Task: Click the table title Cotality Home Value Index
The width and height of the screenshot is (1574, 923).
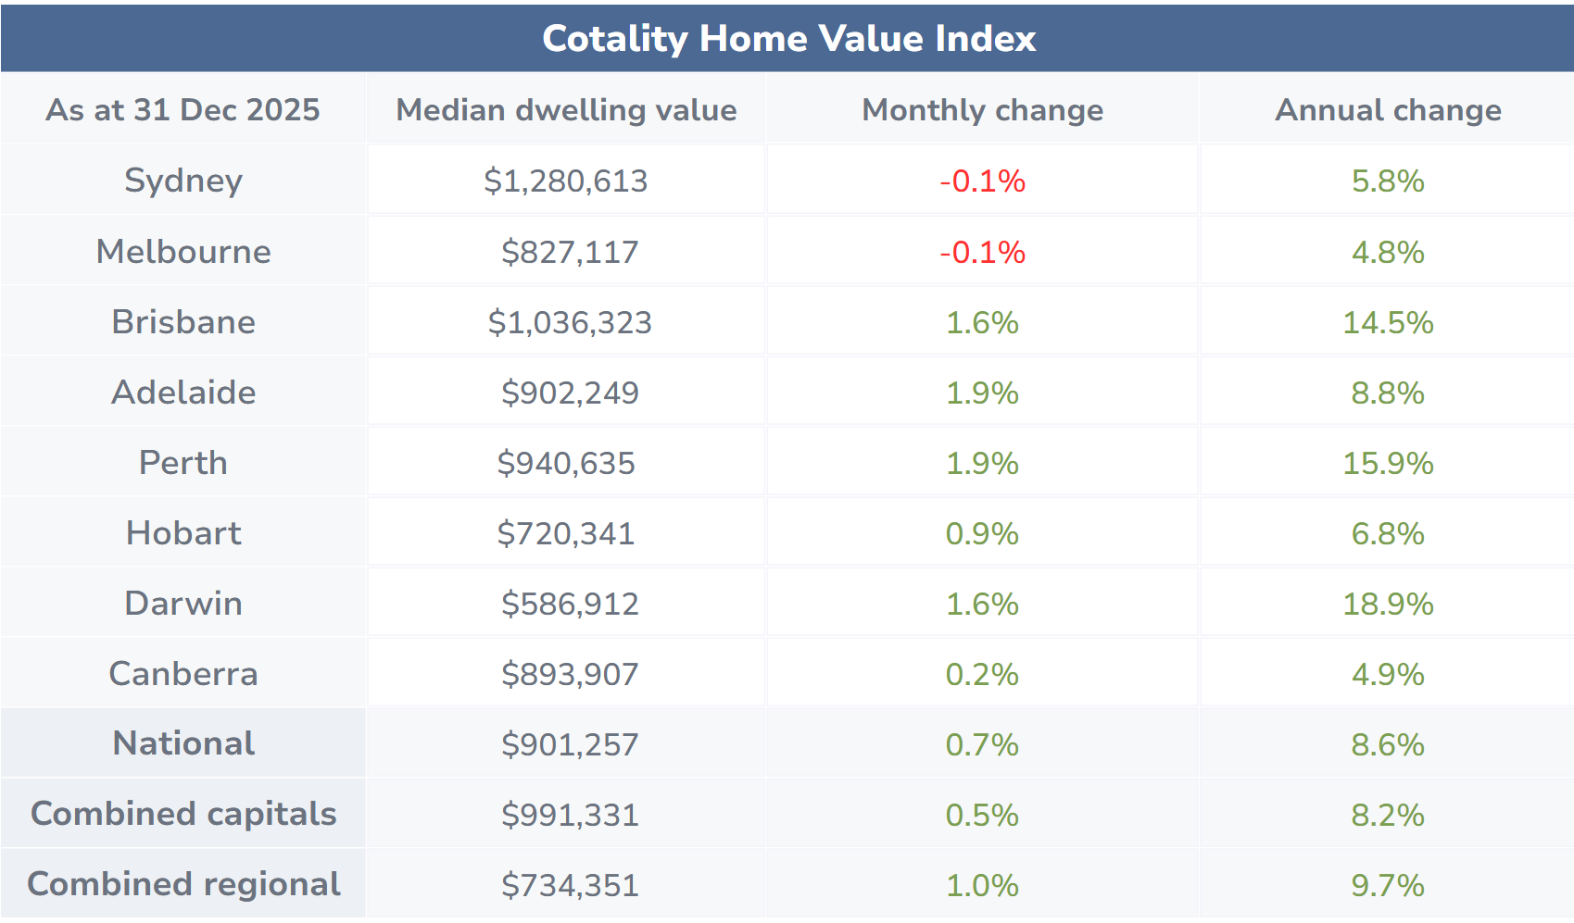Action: point(788,39)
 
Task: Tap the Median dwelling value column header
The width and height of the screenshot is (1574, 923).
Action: point(566,110)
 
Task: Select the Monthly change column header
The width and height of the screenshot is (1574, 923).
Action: point(982,110)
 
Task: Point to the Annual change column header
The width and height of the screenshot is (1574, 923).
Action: point(1388,110)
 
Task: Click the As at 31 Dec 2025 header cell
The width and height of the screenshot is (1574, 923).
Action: point(183,110)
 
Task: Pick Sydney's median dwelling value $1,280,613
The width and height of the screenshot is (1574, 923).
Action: point(565,181)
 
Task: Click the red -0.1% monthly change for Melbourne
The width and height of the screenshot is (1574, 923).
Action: point(982,252)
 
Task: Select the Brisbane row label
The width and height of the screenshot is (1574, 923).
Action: point(183,322)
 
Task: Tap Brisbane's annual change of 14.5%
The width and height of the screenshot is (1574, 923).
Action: point(1388,322)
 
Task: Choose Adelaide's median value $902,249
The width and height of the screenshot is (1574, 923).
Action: point(570,393)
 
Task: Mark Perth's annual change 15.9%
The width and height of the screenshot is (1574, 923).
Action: point(1388,463)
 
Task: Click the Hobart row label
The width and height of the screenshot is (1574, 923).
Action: point(183,533)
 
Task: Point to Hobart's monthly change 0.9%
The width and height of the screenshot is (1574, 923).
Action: point(982,533)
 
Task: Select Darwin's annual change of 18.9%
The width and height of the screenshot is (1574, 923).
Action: point(1388,604)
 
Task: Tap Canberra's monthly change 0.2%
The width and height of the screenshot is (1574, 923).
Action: point(982,674)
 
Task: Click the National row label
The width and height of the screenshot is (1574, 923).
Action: point(183,743)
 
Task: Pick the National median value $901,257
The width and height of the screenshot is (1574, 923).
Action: point(570,744)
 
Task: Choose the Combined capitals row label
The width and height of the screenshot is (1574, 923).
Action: point(183,814)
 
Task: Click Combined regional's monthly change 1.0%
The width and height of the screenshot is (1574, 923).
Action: point(982,885)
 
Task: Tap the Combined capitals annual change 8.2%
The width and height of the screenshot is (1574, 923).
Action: point(1388,815)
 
